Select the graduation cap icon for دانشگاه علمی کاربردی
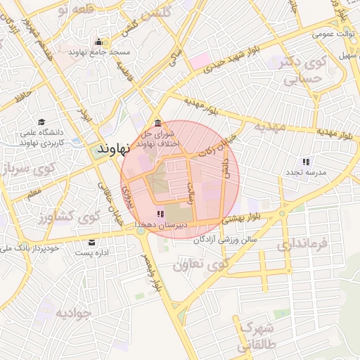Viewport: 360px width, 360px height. pos(41,122)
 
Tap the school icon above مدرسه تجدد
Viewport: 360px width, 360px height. pos(306,162)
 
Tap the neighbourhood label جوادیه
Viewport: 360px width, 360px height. pos(73,313)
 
